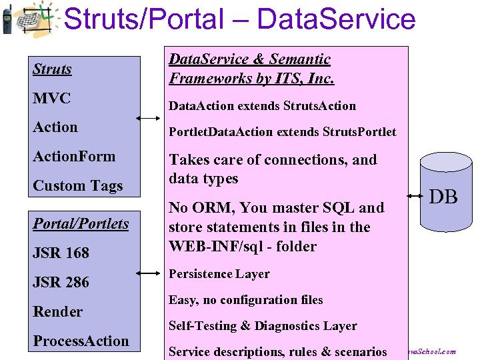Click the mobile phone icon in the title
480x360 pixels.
coord(6,19)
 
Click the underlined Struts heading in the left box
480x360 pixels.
coord(52,69)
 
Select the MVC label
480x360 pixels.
coord(51,98)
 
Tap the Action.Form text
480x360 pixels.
coord(74,157)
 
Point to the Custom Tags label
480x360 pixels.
coord(77,186)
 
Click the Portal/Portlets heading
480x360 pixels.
coord(81,223)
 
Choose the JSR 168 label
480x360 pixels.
coord(61,253)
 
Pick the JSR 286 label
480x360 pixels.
coord(61,282)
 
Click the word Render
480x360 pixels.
coord(57,311)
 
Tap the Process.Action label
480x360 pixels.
coord(81,341)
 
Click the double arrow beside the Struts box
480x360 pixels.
coord(148,119)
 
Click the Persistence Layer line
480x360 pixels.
coord(219,274)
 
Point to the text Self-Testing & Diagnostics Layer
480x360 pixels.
coord(262,326)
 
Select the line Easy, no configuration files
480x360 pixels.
coord(245,300)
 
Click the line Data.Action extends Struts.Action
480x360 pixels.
coord(262,106)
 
